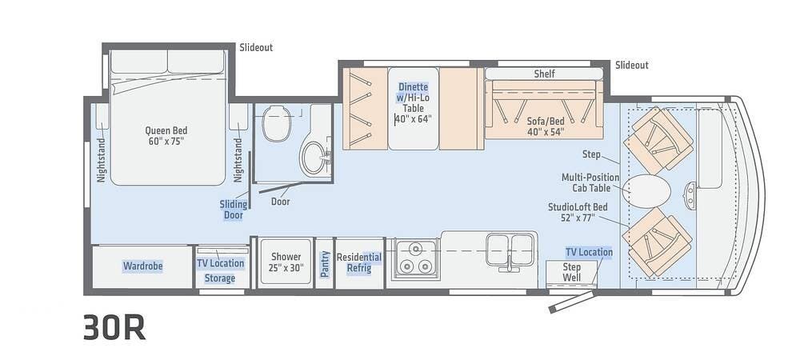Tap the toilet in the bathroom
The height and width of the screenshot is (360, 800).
click(x=276, y=123)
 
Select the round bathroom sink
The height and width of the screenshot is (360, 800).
click(x=314, y=158)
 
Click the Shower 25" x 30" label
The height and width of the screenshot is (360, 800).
click(x=286, y=262)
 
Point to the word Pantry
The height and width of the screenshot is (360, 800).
click(x=325, y=264)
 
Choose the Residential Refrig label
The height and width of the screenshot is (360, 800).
click(x=358, y=262)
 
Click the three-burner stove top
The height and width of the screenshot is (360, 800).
click(x=414, y=259)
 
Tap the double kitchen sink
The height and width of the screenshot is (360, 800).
click(x=510, y=250)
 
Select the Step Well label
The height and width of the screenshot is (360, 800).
click(x=571, y=272)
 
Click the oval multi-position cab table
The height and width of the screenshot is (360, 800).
click(x=647, y=191)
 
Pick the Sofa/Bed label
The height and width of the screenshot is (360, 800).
click(x=546, y=126)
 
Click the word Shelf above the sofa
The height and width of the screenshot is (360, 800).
click(x=544, y=74)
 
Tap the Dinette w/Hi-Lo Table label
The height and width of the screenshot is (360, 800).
click(x=414, y=102)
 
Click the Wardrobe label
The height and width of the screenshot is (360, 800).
click(x=142, y=266)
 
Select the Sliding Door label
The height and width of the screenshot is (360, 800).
click(x=234, y=209)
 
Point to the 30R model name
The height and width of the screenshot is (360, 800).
click(x=114, y=326)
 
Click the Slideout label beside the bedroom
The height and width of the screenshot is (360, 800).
click(x=256, y=47)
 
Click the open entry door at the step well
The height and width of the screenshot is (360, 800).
click(x=571, y=302)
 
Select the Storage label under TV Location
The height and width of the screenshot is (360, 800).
click(x=219, y=278)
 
